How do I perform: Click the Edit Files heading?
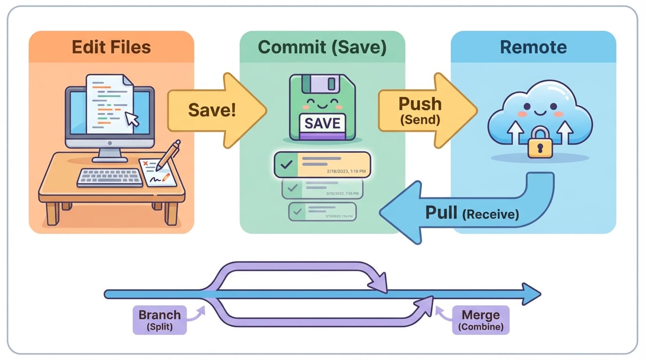[111, 47]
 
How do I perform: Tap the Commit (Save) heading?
[322, 47]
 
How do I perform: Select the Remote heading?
[533, 47]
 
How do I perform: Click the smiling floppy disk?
[322, 107]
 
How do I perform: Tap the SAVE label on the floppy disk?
[322, 123]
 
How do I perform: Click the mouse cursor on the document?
[133, 119]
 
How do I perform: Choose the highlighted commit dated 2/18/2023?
[322, 165]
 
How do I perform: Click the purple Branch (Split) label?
[159, 320]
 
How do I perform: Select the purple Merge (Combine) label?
[480, 320]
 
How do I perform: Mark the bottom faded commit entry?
[322, 212]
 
